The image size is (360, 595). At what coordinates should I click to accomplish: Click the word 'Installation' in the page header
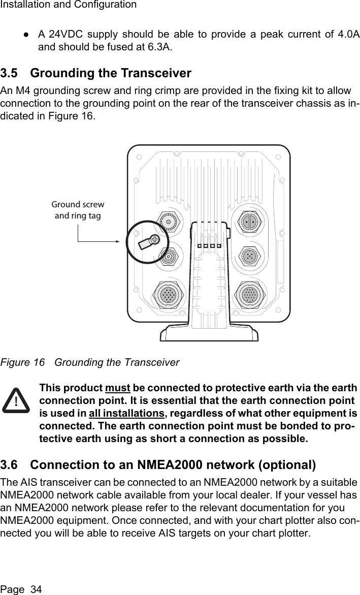(x=23, y=5)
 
